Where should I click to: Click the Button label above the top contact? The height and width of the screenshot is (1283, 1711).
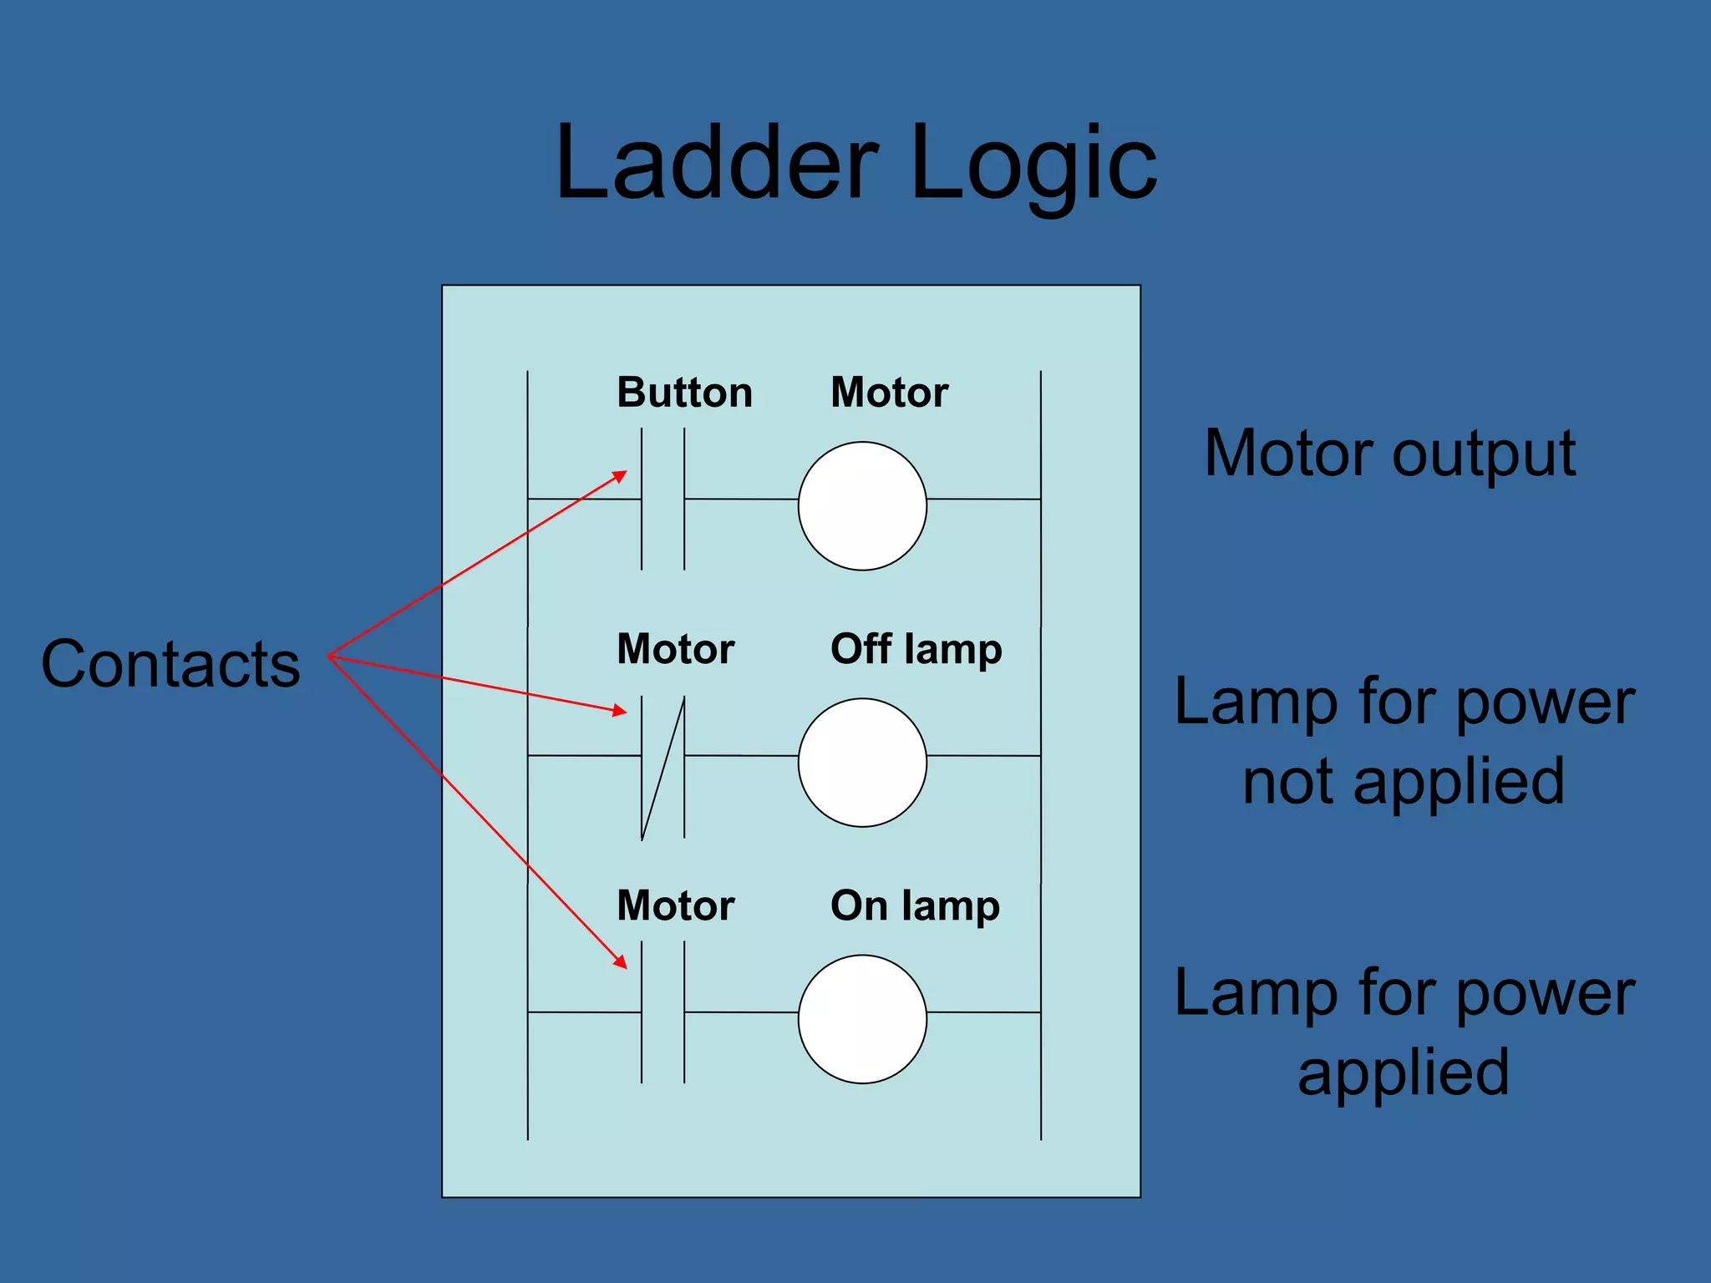pos(684,393)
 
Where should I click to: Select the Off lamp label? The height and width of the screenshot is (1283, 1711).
pos(916,650)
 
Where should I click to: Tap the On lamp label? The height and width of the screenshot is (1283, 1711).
pos(915,906)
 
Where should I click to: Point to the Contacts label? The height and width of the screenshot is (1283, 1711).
pos(170,664)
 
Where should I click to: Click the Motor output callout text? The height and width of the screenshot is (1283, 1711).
pos(1389,454)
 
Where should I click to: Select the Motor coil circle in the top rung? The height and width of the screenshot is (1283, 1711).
pos(862,506)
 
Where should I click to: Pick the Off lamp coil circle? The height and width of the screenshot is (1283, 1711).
pos(862,763)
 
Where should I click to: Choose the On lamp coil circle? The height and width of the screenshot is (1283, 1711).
pos(862,1019)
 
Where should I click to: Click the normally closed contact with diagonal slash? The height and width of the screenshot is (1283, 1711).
pos(663,767)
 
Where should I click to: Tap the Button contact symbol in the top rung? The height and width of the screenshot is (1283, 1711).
pos(663,500)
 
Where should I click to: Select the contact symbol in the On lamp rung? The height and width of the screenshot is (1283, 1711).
pos(663,1012)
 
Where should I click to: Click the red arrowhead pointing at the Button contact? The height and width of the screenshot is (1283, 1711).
pos(620,476)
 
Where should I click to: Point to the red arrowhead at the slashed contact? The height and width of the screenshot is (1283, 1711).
pos(619,711)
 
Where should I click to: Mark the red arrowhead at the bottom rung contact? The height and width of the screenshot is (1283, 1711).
pos(620,961)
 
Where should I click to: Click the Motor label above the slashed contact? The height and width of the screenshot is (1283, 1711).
pos(675,650)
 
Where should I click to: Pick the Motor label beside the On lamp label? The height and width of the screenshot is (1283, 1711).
pos(675,906)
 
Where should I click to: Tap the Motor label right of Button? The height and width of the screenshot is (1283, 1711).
pos(889,393)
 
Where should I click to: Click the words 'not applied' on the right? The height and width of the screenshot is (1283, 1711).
pos(1403,781)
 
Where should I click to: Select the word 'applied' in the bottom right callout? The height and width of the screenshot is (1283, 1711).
pos(1403,1072)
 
